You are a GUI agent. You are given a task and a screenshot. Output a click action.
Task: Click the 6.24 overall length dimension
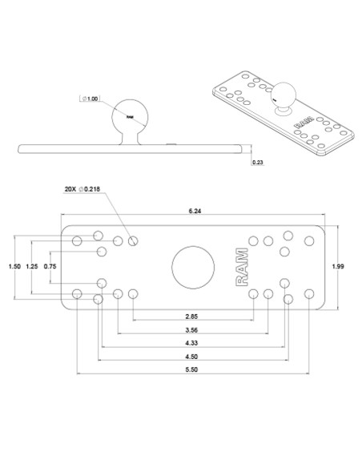tap(195, 211)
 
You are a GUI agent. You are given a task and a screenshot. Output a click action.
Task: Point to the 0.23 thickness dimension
tap(258, 162)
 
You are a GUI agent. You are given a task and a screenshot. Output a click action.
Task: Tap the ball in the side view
tap(131, 116)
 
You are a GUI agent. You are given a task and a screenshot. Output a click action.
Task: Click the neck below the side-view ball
tap(131, 139)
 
